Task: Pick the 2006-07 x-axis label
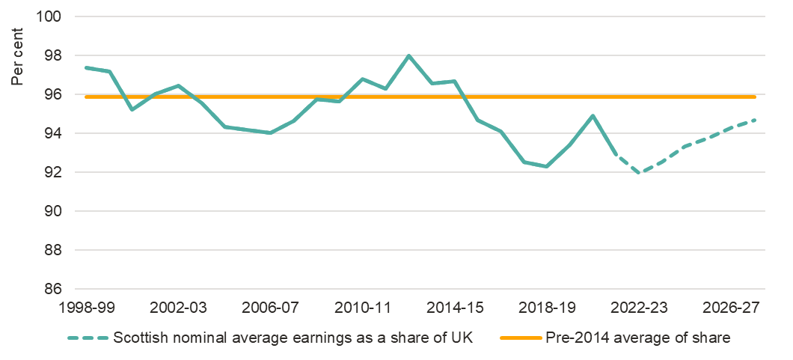click(x=270, y=308)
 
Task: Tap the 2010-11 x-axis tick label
click(x=363, y=308)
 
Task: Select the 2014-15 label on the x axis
click(x=455, y=308)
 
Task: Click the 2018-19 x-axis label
click(x=547, y=308)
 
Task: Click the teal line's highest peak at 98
click(x=409, y=55)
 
